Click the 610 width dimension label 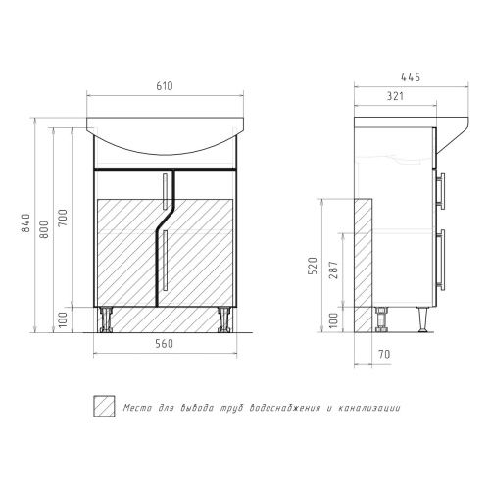(x=165, y=86)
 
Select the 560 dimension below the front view (x=165, y=344)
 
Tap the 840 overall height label (x=25, y=222)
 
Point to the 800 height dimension (x=44, y=229)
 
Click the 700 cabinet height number (x=63, y=218)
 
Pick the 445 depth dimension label (x=411, y=77)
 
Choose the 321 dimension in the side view (x=395, y=96)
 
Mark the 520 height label (x=313, y=266)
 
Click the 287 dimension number (x=333, y=269)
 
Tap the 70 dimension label (x=385, y=354)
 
